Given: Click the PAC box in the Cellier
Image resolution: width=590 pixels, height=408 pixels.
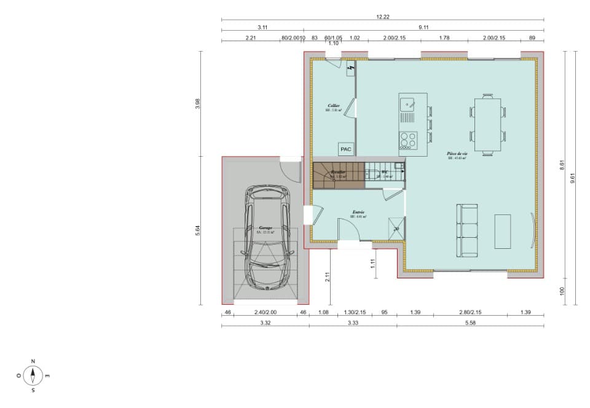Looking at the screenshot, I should tap(345, 149).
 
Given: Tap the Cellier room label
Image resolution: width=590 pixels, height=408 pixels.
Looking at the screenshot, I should tap(334, 106).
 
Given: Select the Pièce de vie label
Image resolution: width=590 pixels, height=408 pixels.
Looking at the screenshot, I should tap(457, 154).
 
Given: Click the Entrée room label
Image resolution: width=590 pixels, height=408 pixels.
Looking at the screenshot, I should tap(358, 212).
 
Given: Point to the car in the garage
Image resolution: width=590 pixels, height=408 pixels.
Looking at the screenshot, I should tap(267, 237).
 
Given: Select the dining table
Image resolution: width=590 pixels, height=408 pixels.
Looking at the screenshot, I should tap(487, 125).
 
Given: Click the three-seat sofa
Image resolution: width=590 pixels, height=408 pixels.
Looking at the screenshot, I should tap(467, 230).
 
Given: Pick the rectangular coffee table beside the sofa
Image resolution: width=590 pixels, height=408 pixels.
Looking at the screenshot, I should tap(503, 231).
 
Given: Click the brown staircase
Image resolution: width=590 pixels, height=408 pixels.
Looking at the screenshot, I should tap(338, 175).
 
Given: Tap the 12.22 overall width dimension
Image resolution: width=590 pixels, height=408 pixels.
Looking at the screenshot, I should tap(383, 17).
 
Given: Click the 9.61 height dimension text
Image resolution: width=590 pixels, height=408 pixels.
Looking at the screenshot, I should tap(572, 178).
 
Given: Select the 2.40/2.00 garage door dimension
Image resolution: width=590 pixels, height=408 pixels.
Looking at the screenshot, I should tap(265, 313).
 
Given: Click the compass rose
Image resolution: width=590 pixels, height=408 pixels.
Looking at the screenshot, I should tap(33, 375).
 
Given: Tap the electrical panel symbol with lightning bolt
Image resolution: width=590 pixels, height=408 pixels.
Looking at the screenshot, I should tap(351, 69).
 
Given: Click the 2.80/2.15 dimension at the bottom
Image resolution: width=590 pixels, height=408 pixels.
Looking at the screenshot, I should tap(470, 313).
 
